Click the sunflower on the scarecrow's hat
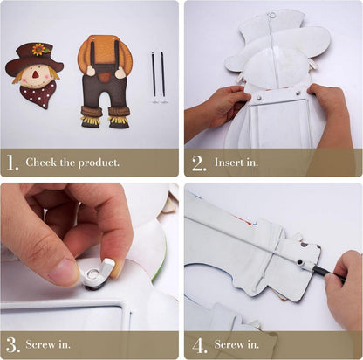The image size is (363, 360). (38, 50)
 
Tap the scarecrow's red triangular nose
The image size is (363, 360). (35, 74)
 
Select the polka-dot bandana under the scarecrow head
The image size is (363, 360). (38, 94)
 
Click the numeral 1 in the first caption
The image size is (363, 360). (12, 163)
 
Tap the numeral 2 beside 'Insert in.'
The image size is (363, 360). (199, 163)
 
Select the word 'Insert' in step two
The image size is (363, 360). (229, 163)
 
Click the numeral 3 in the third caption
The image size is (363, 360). (13, 345)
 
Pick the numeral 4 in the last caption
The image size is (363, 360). (200, 346)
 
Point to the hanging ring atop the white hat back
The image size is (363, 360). (272, 13)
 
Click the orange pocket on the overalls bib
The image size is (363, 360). (104, 77)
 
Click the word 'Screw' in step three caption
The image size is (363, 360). (40, 344)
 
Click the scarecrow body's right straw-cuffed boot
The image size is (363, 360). (120, 117)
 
